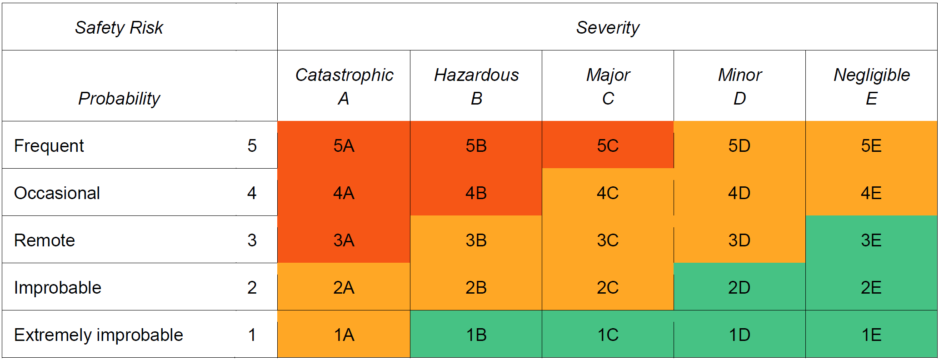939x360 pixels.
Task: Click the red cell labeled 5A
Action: pos(344,146)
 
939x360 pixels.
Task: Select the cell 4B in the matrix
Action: pos(476,193)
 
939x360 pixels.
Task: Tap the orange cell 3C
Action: pos(608,240)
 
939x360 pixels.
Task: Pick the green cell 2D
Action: pos(739,288)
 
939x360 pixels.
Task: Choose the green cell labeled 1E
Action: pos(871,335)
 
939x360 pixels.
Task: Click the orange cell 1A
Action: pos(344,335)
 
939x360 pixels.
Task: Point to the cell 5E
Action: pos(871,146)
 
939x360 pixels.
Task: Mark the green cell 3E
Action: pos(871,240)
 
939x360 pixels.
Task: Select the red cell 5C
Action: pos(608,146)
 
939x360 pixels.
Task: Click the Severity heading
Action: pos(608,28)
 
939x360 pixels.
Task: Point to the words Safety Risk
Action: pos(119,28)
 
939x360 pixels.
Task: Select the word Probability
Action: pos(119,99)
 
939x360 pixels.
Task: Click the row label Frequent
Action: pos(49,146)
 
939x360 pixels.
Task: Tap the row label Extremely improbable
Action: pos(98,335)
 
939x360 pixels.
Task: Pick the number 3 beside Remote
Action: pos(252,240)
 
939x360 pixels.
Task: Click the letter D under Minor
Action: pos(739,99)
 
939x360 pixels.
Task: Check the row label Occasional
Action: pos(57,193)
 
